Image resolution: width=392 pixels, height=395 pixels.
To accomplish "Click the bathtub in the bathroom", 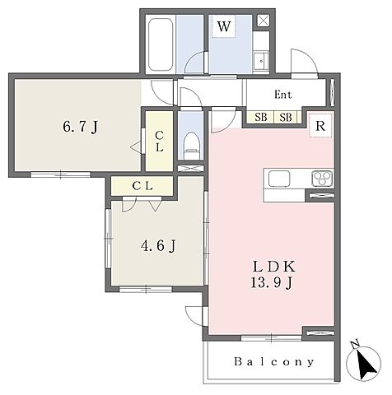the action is (161, 44).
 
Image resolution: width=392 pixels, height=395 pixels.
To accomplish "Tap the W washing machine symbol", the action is (224, 26).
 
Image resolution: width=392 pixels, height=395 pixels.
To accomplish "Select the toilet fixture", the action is (191, 146).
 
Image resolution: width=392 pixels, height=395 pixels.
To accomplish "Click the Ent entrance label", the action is (283, 95).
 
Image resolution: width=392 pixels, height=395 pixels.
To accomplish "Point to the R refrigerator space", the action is (320, 125).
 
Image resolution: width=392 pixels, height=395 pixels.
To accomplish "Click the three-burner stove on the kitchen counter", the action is (322, 179).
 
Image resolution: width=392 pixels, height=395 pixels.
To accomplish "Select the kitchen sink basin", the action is (279, 179).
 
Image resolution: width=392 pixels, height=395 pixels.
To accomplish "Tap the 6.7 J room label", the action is (81, 128).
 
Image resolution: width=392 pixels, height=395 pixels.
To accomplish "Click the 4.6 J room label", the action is (158, 246).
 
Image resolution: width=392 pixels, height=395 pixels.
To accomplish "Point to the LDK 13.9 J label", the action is (273, 275).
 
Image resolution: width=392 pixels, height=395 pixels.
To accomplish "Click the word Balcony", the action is (273, 362).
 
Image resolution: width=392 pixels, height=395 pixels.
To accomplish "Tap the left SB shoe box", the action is (260, 118).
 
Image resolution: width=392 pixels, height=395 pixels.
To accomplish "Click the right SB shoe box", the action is (286, 118).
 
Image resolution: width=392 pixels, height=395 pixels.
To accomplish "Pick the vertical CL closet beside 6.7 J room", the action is (159, 141).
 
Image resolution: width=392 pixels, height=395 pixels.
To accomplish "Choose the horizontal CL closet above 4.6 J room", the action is (142, 186).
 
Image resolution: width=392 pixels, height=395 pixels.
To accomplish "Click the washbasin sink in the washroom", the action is (260, 62).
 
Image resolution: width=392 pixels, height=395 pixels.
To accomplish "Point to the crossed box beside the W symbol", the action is (264, 21).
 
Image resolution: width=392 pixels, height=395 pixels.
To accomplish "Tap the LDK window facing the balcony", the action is (271, 338).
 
